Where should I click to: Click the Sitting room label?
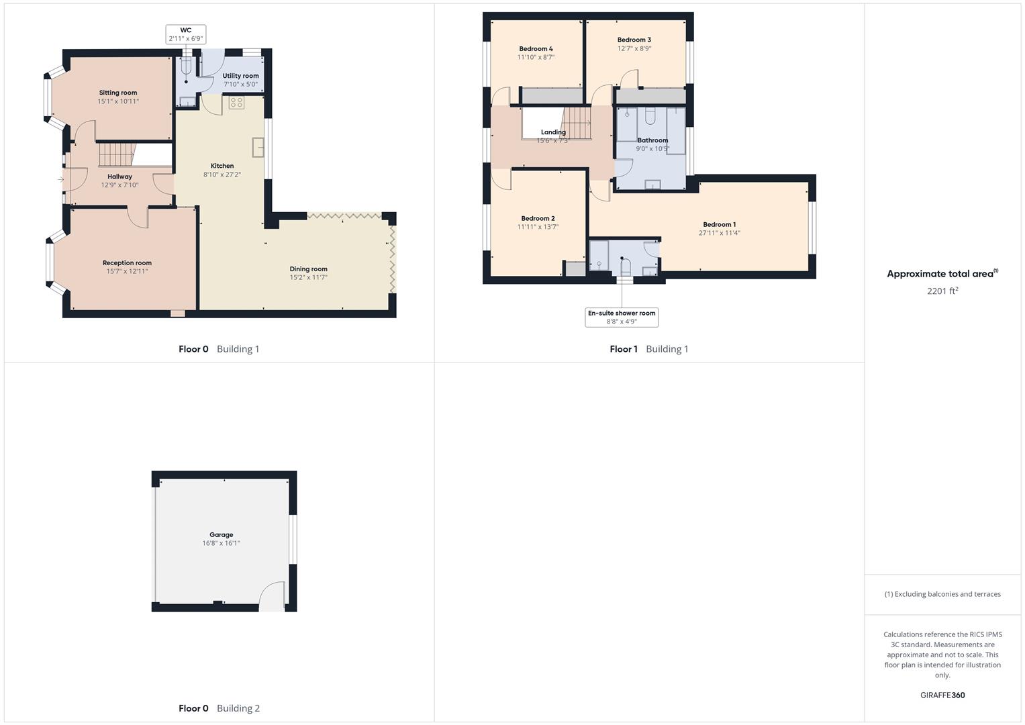pyautogui.click(x=118, y=93)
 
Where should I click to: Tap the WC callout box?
pyautogui.click(x=186, y=35)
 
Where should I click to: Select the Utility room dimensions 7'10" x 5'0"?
pyautogui.click(x=240, y=85)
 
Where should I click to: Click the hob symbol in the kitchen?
pyautogui.click(x=236, y=103)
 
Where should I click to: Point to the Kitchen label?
pyautogui.click(x=222, y=166)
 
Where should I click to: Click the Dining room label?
pyautogui.click(x=309, y=269)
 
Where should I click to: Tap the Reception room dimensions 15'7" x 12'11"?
pyautogui.click(x=127, y=272)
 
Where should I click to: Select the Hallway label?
pyautogui.click(x=120, y=177)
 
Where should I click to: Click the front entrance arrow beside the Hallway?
pyautogui.click(x=60, y=179)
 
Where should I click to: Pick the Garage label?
pyautogui.click(x=221, y=535)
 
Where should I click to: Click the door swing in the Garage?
pyautogui.click(x=271, y=596)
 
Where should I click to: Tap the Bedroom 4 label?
pyautogui.click(x=536, y=49)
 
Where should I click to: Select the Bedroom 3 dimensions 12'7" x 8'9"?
pyautogui.click(x=634, y=48)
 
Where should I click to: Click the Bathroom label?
pyautogui.click(x=652, y=140)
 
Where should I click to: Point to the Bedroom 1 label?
pyautogui.click(x=719, y=225)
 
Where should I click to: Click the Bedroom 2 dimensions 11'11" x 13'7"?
pyautogui.click(x=538, y=227)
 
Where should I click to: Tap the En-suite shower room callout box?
pyautogui.click(x=622, y=318)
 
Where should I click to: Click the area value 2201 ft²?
pyautogui.click(x=942, y=291)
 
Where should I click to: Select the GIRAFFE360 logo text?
pyautogui.click(x=942, y=695)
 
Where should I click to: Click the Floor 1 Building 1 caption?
pyautogui.click(x=648, y=349)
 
